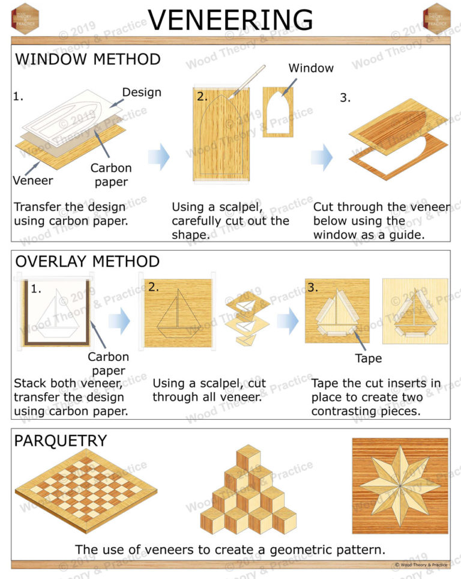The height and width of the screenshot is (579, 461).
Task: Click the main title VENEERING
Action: pos(230,19)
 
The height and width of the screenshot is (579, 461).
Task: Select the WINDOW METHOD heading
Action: pos(88,59)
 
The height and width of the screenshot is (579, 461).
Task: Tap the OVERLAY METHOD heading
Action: pos(88,262)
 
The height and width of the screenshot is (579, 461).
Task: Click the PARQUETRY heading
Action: pos(60,440)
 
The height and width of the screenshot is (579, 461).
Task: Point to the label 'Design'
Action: pos(142,92)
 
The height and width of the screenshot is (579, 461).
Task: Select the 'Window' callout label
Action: pos(311,68)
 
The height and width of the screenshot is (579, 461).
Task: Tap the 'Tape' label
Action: pos(368,359)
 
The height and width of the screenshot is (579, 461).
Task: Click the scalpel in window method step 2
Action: pos(252,79)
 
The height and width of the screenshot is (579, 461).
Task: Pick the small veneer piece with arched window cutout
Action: pos(278,112)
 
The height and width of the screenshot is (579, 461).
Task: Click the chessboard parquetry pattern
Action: pos(85,490)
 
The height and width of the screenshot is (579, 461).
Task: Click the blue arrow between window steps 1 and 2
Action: pos(158,157)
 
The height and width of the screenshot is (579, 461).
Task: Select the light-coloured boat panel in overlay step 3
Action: pos(415,311)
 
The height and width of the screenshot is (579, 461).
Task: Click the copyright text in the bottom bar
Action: pos(421,565)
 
